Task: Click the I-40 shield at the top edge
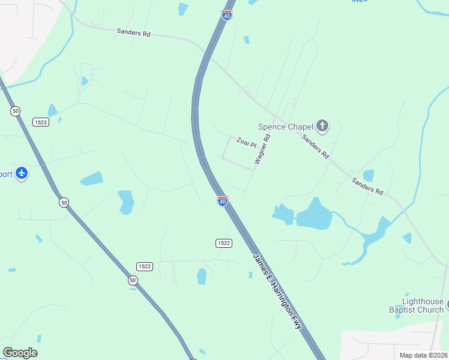click(226, 14)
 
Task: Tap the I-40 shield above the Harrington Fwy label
click(222, 200)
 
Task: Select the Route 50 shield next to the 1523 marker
click(15, 111)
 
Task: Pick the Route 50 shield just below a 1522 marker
click(132, 280)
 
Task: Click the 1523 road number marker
click(41, 121)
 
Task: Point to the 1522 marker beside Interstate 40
click(223, 243)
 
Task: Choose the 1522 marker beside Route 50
click(144, 266)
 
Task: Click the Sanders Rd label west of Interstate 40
click(133, 33)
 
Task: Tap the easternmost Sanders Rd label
click(367, 185)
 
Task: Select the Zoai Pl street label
click(246, 142)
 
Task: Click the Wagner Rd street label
click(263, 149)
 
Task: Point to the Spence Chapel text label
click(286, 127)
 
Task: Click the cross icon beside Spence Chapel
click(322, 126)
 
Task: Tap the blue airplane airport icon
click(22, 173)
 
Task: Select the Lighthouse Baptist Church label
click(424, 305)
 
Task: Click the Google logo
click(20, 353)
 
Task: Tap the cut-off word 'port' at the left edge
click(6, 174)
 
